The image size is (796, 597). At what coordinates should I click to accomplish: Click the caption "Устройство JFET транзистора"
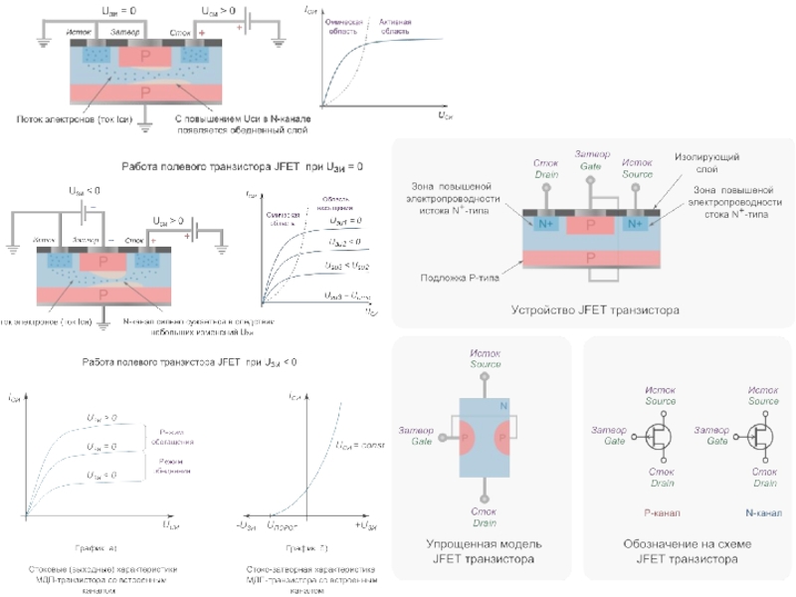[x=595, y=310]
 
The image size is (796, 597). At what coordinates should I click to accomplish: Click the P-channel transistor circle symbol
[x=659, y=435]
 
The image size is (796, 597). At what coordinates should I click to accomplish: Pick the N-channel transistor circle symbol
[x=763, y=435]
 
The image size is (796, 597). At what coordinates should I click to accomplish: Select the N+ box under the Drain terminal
[x=545, y=224]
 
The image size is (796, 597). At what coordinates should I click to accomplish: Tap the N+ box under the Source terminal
[x=636, y=224]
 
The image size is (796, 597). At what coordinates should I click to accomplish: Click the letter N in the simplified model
[x=503, y=406]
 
